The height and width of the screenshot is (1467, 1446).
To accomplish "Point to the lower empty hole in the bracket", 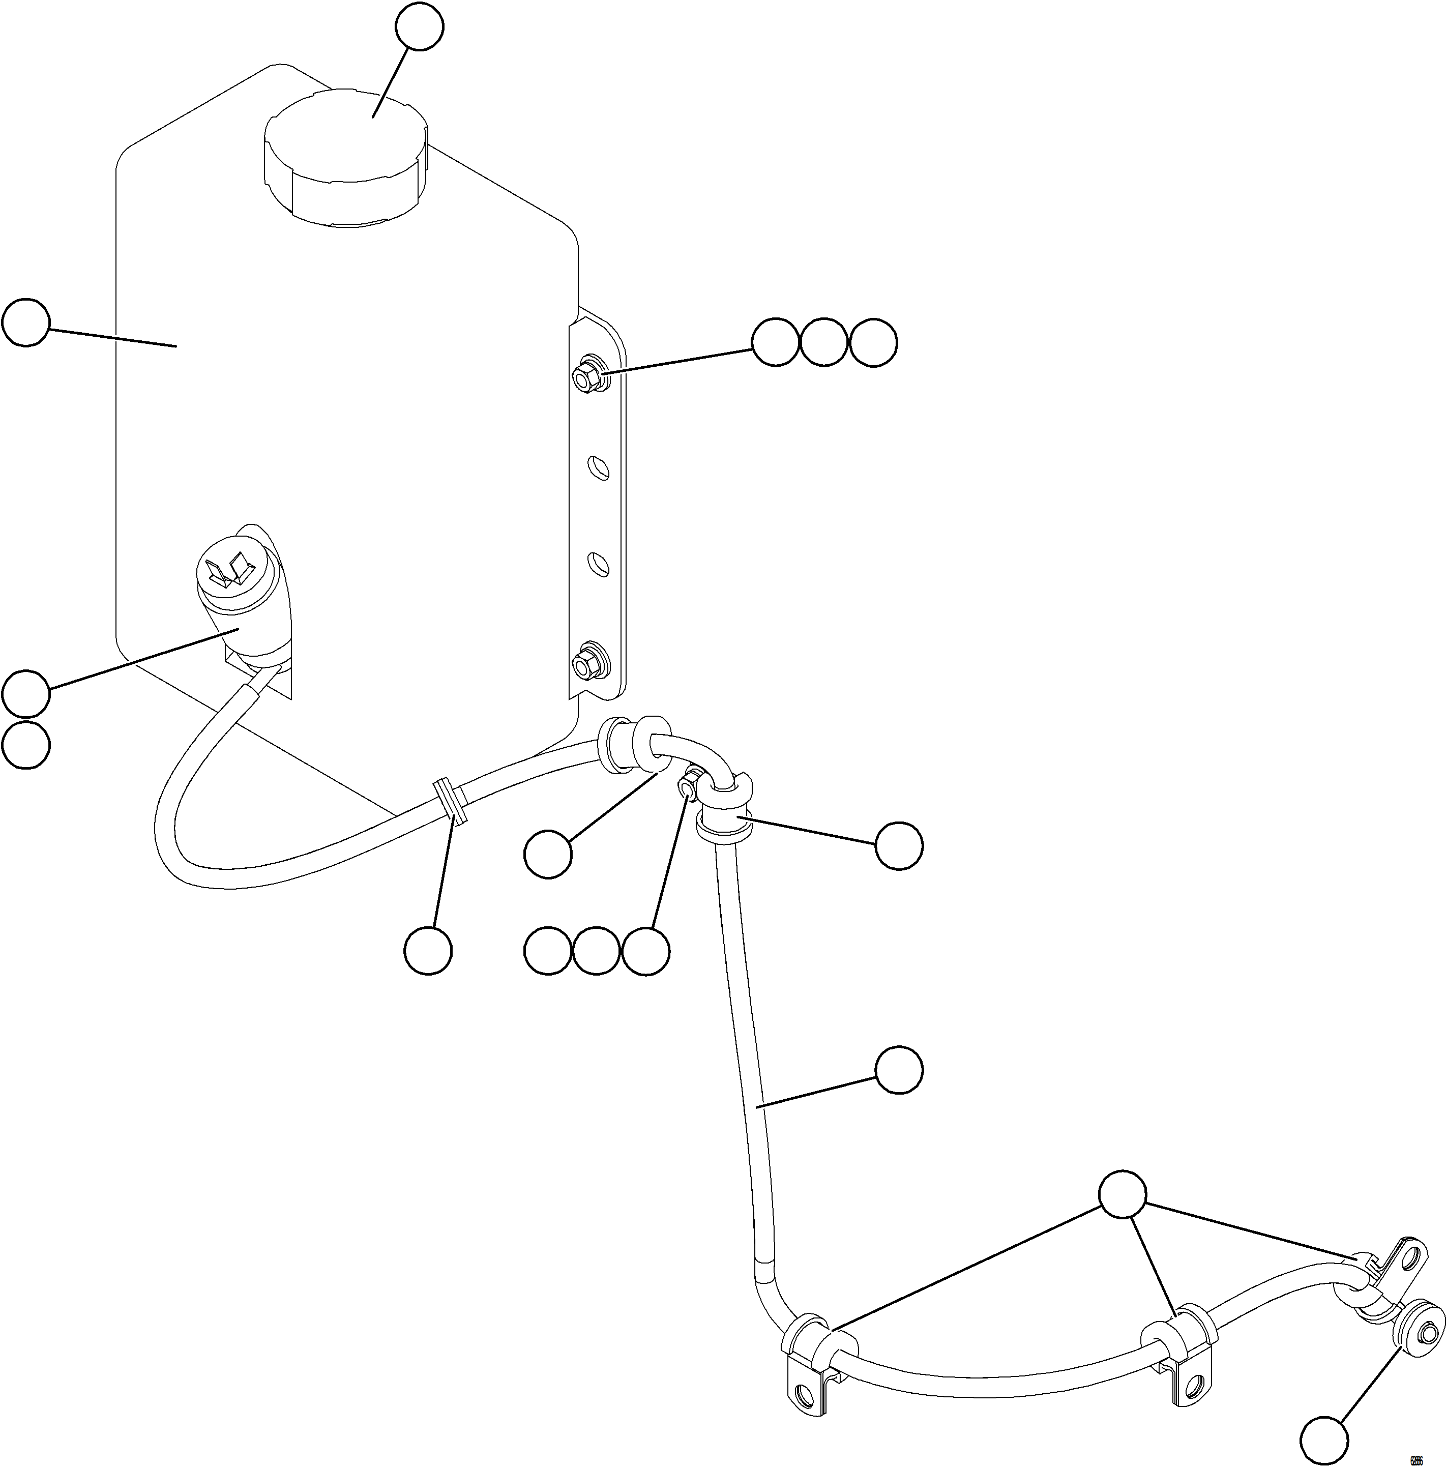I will pyautogui.click(x=599, y=564).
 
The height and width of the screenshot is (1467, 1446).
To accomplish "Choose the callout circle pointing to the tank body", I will pyautogui.click(x=26, y=322).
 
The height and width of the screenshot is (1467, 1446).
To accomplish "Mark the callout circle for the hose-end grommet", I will pyautogui.click(x=1324, y=1439).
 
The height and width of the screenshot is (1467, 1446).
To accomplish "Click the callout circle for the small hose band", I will pyautogui.click(x=428, y=950).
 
